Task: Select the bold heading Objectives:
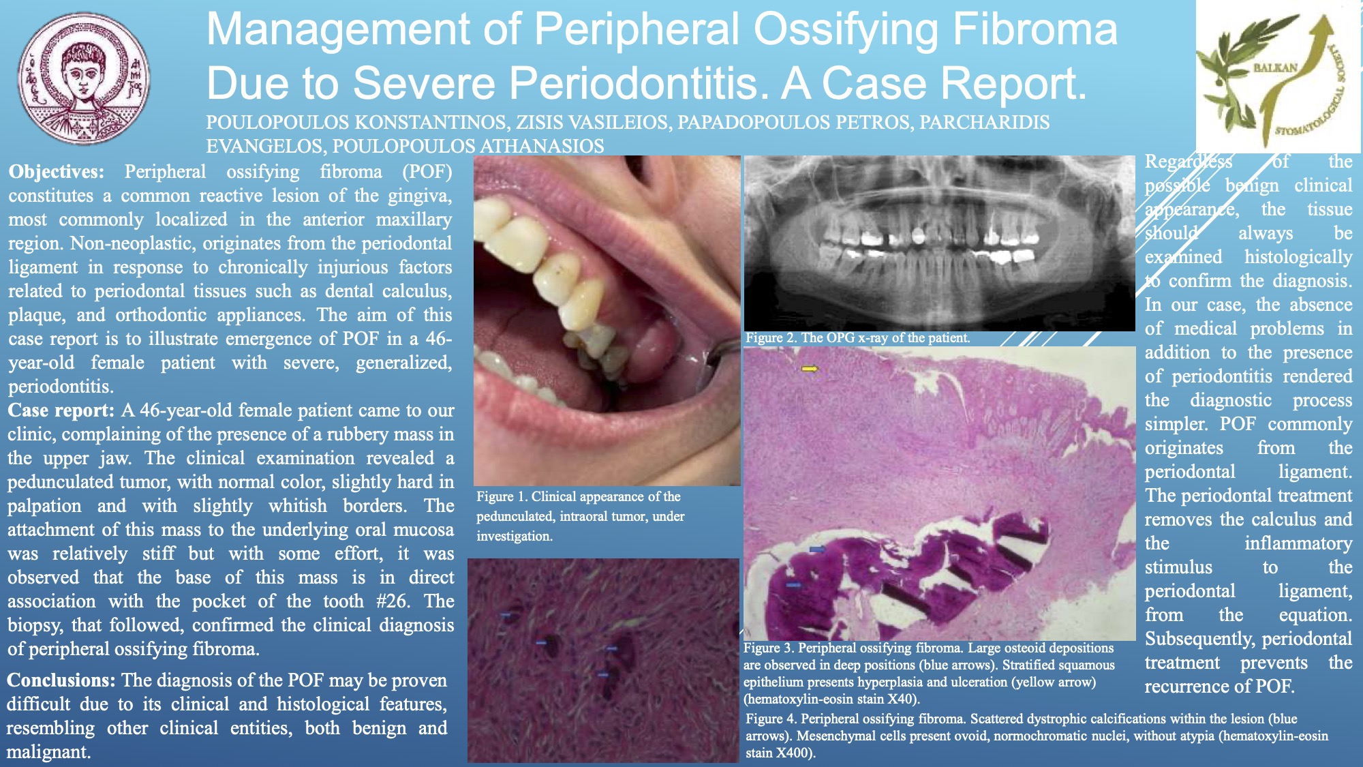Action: [57, 172]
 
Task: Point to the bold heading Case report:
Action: [61, 410]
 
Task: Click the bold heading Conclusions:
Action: [61, 680]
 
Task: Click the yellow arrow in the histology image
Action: [809, 369]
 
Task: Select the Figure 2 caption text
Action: [857, 337]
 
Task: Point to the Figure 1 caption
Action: [580, 516]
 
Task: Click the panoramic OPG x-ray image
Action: [939, 243]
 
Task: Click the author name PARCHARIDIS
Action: [984, 122]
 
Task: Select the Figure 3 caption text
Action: [930, 673]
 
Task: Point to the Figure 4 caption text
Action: [1037, 736]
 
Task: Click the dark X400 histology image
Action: [603, 661]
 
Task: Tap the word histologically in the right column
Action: [1298, 257]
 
